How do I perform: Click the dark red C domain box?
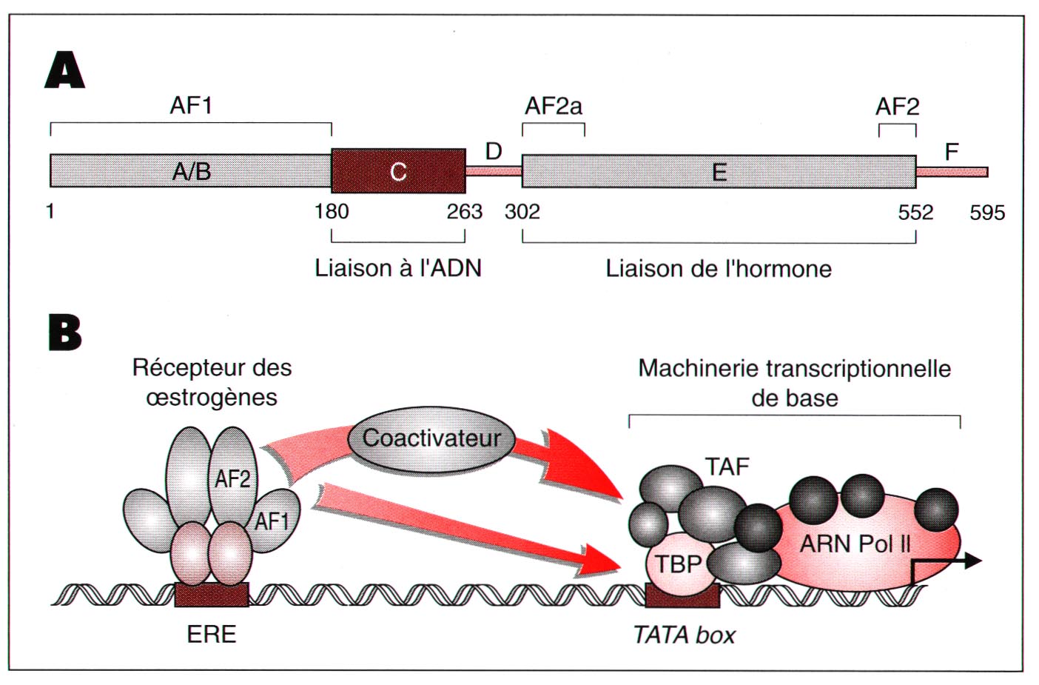pyautogui.click(x=398, y=171)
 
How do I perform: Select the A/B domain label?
pyautogui.click(x=192, y=172)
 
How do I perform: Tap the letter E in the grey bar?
pyautogui.click(x=719, y=173)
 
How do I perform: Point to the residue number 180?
pyautogui.click(x=332, y=212)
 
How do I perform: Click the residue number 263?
pyautogui.click(x=464, y=212)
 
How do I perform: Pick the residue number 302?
pyautogui.click(x=522, y=212)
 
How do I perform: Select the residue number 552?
pyautogui.click(x=915, y=213)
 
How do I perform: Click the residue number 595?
pyautogui.click(x=987, y=213)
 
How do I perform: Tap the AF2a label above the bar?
pyautogui.click(x=554, y=107)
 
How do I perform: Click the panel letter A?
pyautogui.click(x=65, y=71)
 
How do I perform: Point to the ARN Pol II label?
pyautogui.click(x=855, y=544)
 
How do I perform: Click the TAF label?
pyautogui.click(x=727, y=467)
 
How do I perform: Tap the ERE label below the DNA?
pyautogui.click(x=212, y=635)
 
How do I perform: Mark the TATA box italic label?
pyautogui.click(x=685, y=635)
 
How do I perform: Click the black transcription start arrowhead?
pyautogui.click(x=973, y=561)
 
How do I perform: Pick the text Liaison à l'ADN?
pyautogui.click(x=398, y=268)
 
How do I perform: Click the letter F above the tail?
pyautogui.click(x=952, y=152)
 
